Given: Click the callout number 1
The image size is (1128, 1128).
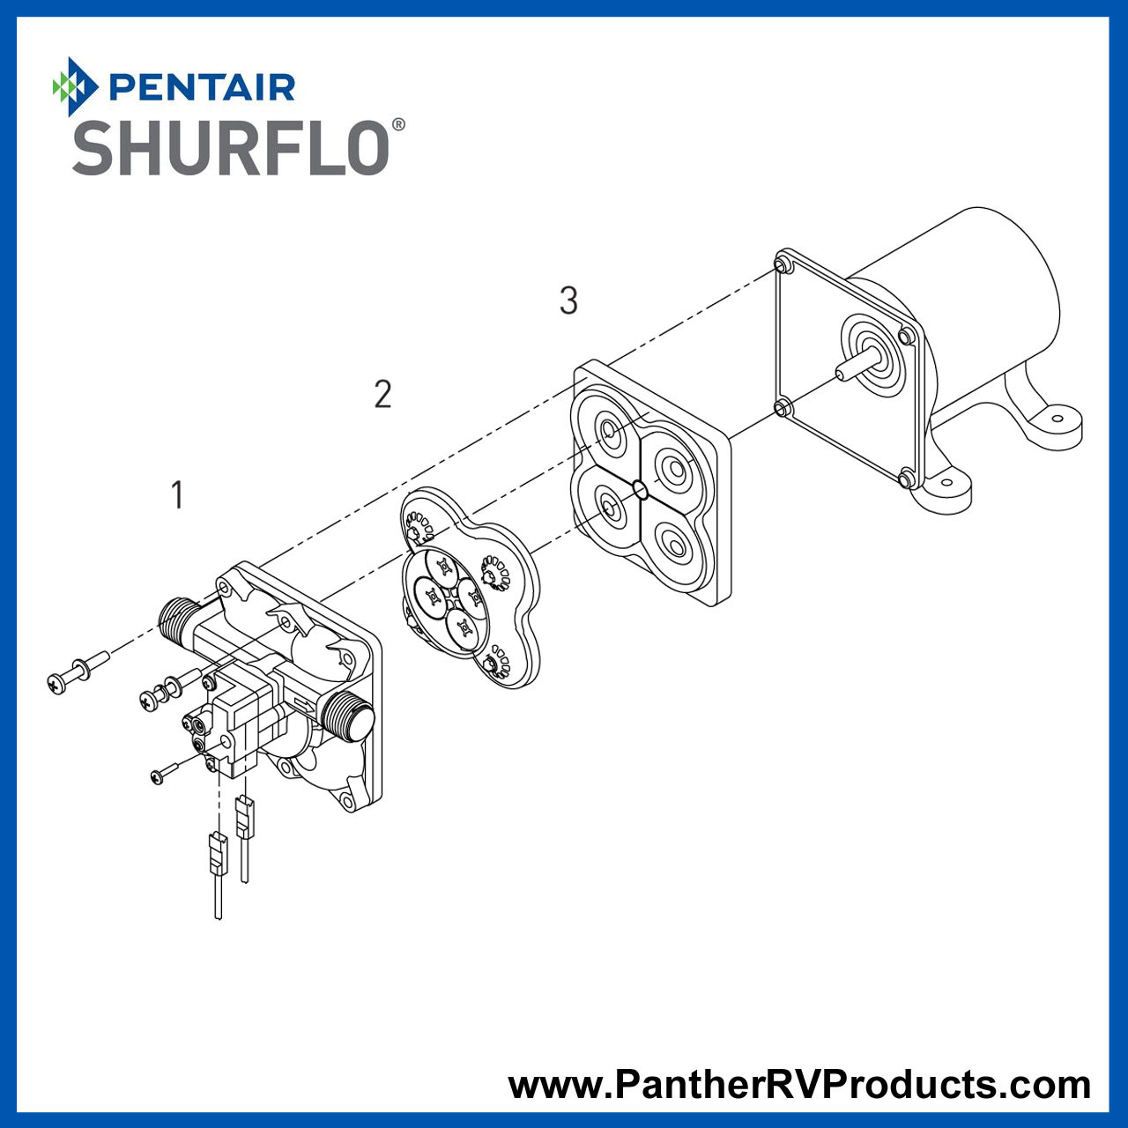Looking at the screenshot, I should [x=177, y=495].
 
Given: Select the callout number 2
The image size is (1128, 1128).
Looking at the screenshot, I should [x=382, y=394].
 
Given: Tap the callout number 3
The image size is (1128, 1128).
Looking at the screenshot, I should [x=568, y=301].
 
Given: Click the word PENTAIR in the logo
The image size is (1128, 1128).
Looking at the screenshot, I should [x=202, y=87].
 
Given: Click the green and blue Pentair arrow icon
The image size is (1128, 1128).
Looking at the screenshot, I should [x=74, y=86].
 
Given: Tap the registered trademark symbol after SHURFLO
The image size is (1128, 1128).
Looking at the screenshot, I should [x=398, y=125].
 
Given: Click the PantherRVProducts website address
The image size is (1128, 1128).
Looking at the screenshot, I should [x=799, y=1084].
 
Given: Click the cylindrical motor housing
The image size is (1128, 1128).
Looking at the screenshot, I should [x=978, y=300].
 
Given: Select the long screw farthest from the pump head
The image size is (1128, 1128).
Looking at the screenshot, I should [x=78, y=672].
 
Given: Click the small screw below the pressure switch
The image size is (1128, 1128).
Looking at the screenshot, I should [x=164, y=774].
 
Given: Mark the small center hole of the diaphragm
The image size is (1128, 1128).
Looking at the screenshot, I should [x=641, y=489].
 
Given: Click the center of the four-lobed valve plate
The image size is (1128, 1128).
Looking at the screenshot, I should [x=450, y=595].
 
